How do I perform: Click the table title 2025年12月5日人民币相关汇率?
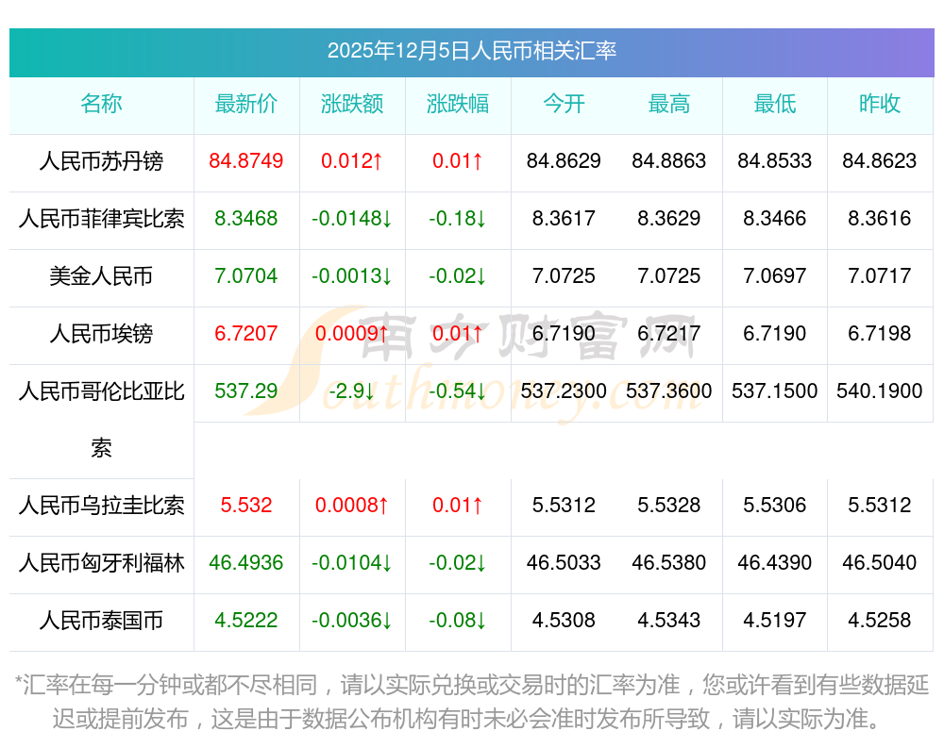pos(471,51)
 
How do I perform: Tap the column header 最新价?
pos(246,104)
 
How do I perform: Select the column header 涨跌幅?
pos(458,104)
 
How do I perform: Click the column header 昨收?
pos(880,104)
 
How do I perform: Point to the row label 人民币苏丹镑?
pos(101,161)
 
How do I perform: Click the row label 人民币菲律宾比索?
pos(101,219)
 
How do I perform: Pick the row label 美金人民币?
pos(101,276)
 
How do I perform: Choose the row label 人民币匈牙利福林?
pos(101,563)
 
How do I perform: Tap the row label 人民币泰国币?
pos(101,621)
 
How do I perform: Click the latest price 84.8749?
pos(246,161)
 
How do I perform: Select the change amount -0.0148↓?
pos(352,219)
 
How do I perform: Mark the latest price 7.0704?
pos(246,276)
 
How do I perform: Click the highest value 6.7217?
pos(669,334)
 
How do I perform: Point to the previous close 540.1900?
pos(880,391)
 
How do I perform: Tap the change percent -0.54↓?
pos(458,391)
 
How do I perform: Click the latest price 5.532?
pos(246,506)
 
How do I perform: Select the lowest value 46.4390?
pos(775,563)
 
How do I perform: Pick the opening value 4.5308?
pos(564,621)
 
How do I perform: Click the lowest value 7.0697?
pos(775,276)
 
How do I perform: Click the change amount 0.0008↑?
pos(352,506)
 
